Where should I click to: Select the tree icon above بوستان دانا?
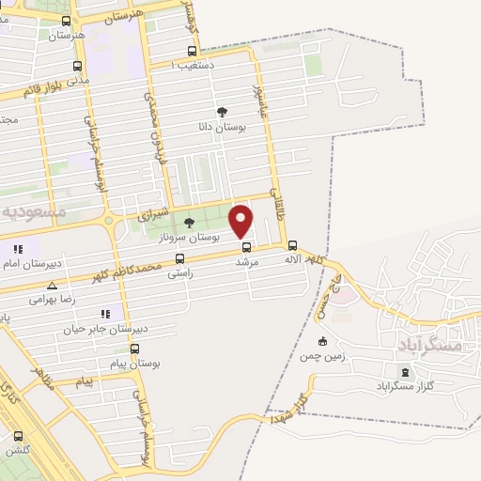(222, 111)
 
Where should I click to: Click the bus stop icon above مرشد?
(246, 248)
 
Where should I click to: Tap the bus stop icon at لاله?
(292, 246)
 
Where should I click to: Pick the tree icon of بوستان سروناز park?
(190, 224)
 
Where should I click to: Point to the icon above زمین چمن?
(322, 341)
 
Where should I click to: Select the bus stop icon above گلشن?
(18, 436)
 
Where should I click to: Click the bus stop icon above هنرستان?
(65, 20)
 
